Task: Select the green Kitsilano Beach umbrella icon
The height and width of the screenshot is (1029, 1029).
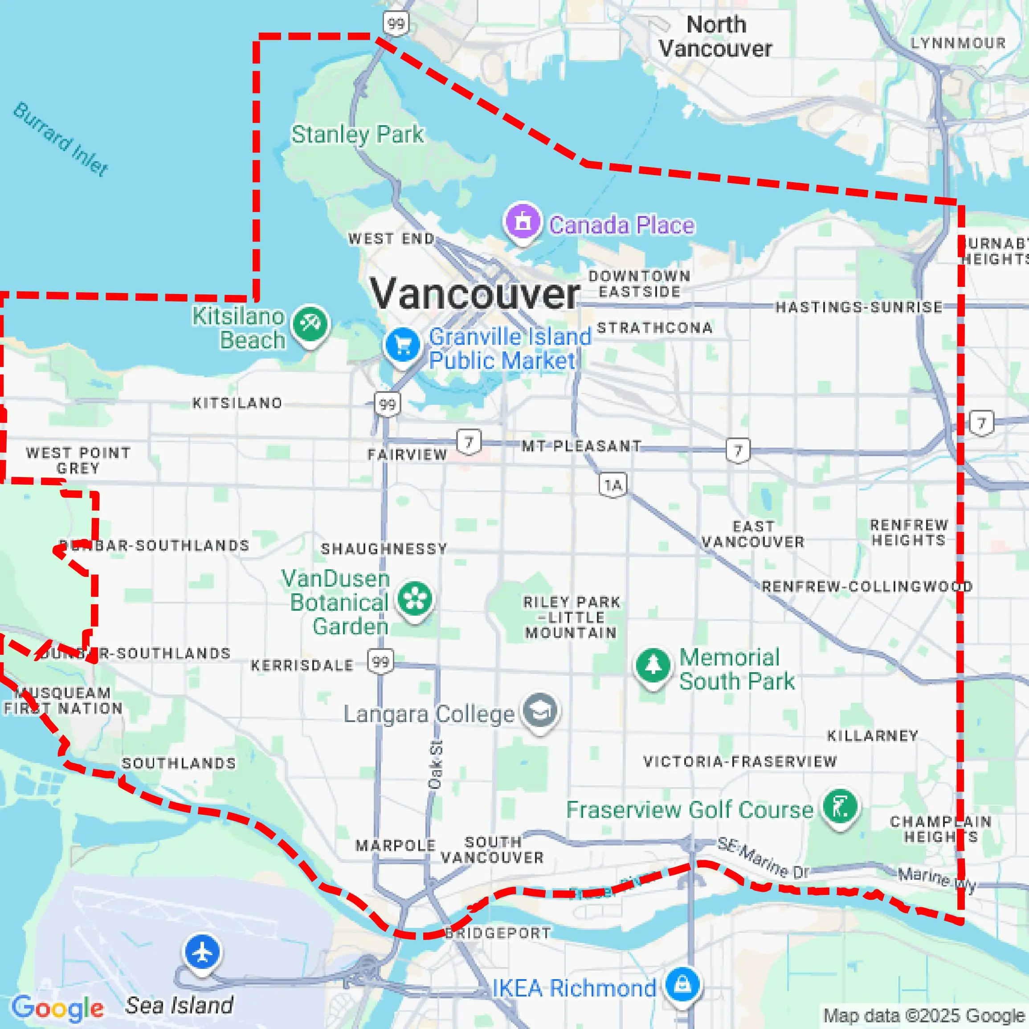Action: (310, 323)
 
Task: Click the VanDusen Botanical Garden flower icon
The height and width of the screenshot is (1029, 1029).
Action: (415, 599)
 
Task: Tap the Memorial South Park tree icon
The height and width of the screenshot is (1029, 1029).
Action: (653, 666)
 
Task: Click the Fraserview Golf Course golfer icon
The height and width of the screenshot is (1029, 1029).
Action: (840, 806)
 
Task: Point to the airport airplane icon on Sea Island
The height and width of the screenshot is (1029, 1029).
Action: (202, 952)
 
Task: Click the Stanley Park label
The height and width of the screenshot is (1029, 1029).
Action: (357, 134)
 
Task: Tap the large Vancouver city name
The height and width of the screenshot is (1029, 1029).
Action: (474, 294)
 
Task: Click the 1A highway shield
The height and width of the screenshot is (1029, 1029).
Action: (612, 485)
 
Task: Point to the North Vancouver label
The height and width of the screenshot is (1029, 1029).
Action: (715, 37)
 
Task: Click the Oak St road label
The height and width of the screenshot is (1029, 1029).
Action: (435, 764)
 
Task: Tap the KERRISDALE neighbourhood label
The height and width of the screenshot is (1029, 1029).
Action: (302, 665)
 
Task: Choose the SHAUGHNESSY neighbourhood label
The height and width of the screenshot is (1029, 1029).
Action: (384, 549)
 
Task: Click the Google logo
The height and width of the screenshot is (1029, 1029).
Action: (57, 1008)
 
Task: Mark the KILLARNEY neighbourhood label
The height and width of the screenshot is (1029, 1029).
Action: (872, 736)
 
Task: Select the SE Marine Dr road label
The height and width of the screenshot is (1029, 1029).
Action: (763, 857)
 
